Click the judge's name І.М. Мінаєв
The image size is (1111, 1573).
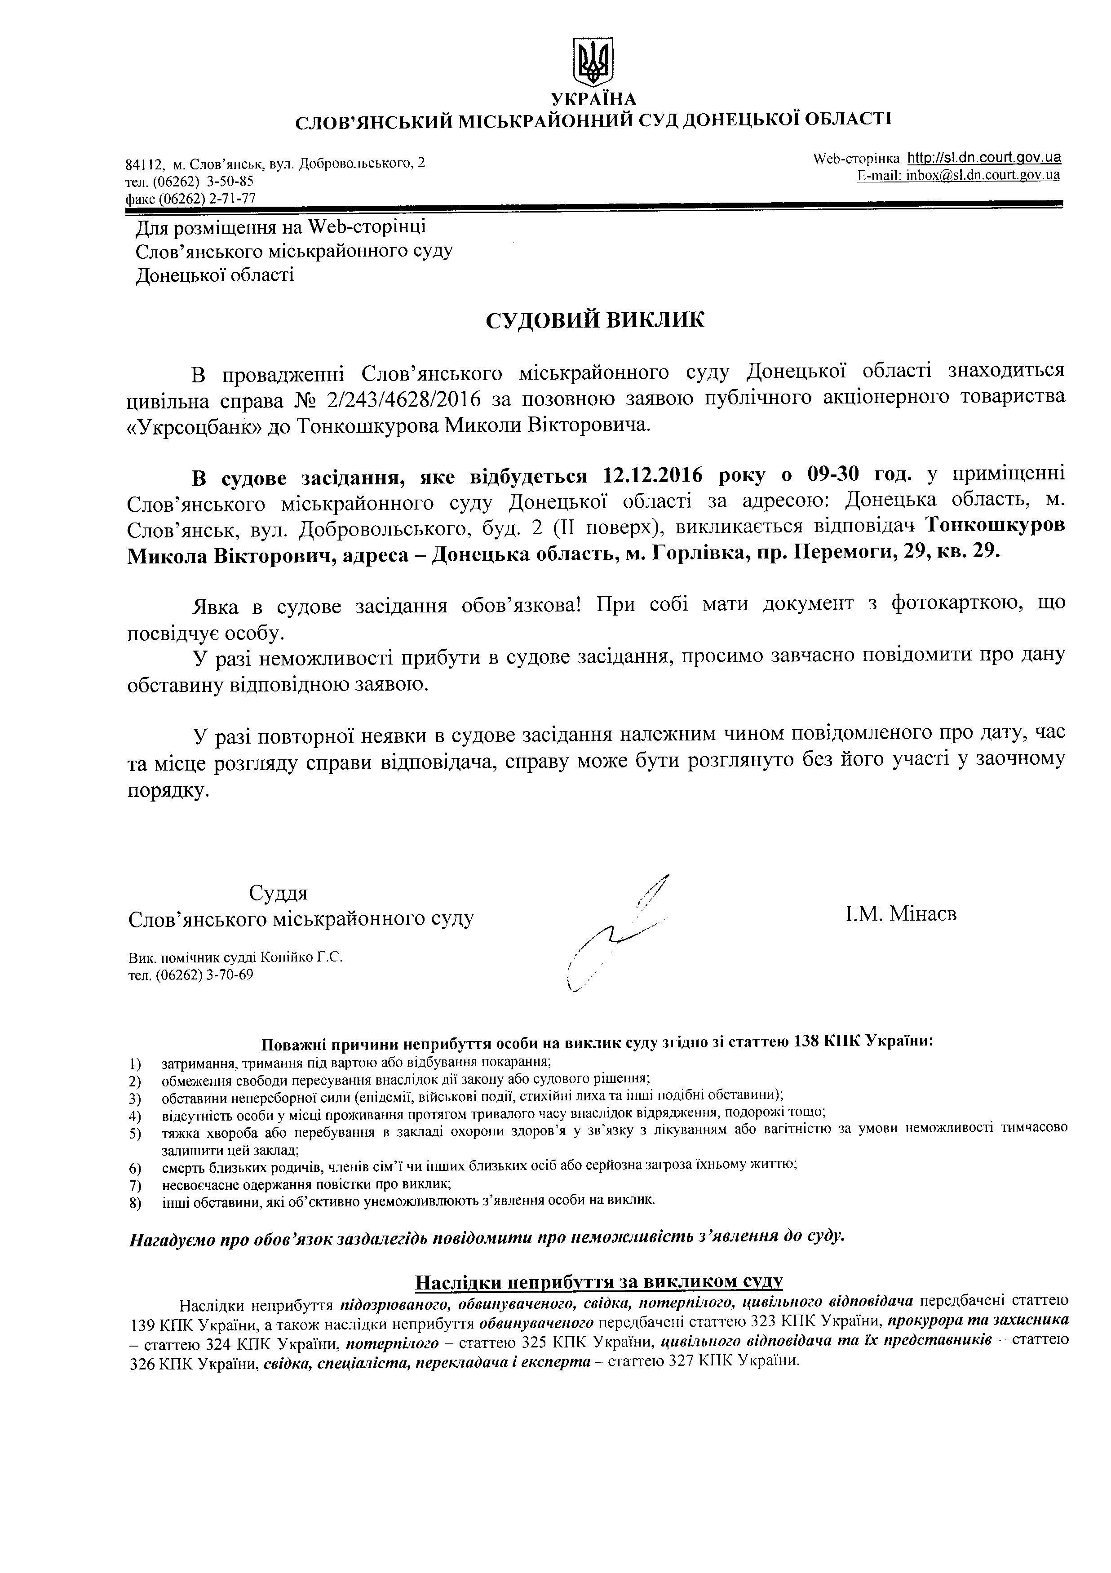click(901, 913)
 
